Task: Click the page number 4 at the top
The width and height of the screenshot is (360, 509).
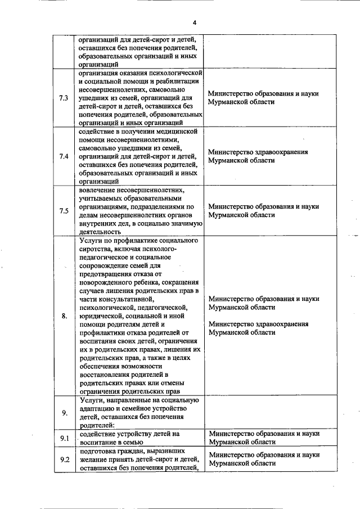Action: point(194,22)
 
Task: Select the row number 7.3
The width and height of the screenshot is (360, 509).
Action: point(64,98)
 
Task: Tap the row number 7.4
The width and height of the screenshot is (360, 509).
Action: point(64,156)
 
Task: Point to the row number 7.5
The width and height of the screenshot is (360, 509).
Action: point(64,211)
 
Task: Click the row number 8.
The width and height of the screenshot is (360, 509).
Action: point(64,316)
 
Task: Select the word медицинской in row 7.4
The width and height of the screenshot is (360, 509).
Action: point(179,131)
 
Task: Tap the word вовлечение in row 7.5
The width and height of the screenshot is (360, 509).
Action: point(99,190)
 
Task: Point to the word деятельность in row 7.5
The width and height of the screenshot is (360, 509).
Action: point(100,231)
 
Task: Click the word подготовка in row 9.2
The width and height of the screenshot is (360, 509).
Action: point(98,451)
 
